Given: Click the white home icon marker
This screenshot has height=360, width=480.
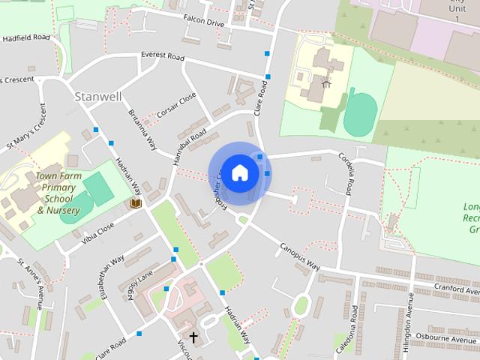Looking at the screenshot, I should pos(239,172).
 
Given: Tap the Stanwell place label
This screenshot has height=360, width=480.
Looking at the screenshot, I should pos(97,97).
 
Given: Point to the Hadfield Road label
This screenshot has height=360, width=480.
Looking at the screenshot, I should pos(25,37).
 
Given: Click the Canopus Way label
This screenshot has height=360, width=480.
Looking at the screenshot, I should pos(300,256).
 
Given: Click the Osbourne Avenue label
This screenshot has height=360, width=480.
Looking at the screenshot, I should pos(454,337).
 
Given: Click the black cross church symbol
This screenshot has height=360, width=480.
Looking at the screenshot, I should pos(193,337).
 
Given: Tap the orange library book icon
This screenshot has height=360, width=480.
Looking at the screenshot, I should pos(136,203).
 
